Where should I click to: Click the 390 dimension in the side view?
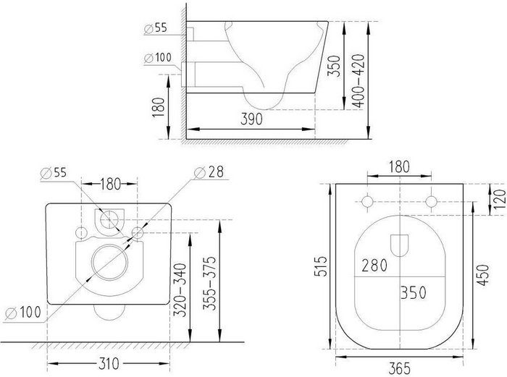point(252,121)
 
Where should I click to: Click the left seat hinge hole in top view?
point(368,201)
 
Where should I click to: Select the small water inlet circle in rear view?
point(111,217)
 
